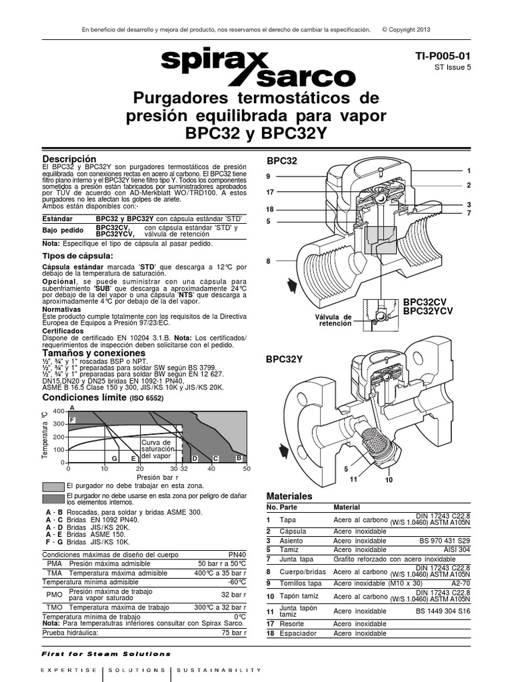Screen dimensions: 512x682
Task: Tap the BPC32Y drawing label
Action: point(285,360)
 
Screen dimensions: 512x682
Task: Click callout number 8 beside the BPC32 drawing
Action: point(268,261)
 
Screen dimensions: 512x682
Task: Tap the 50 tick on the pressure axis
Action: point(246,470)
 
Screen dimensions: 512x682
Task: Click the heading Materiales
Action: point(289,497)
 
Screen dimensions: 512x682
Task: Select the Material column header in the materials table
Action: point(347,508)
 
